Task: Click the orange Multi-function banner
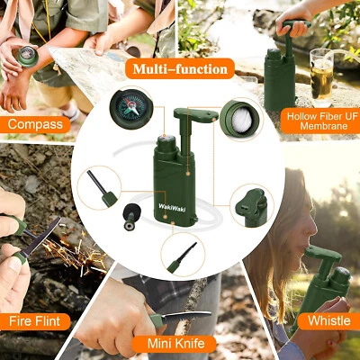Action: (179, 68)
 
